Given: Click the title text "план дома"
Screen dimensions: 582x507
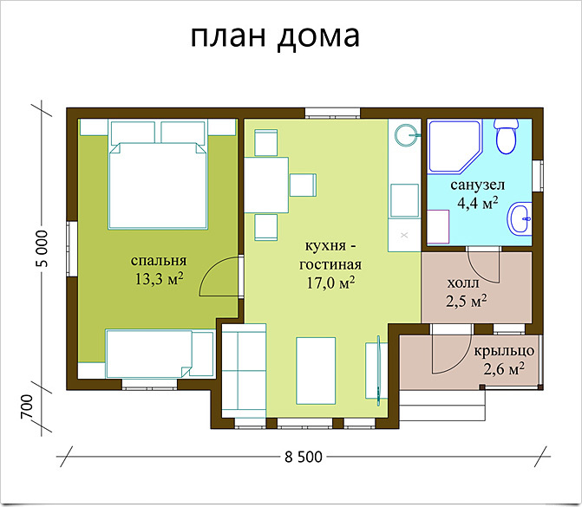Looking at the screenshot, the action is tap(275, 36).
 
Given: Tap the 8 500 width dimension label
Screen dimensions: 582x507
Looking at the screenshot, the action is tap(304, 457).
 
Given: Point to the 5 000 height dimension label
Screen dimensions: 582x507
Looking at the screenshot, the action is tap(43, 249).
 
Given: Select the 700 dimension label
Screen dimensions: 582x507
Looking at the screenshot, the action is tap(27, 406).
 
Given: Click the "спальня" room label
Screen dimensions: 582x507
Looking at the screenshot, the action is tap(159, 260).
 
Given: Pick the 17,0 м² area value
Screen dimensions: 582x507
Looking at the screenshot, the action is tap(330, 283).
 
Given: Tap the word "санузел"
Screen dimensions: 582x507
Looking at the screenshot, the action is tap(478, 185).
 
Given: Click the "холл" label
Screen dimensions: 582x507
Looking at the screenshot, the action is tap(463, 283).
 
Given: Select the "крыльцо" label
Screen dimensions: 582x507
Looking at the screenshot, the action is tap(504, 351).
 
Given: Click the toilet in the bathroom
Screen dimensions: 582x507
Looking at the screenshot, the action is tap(506, 136).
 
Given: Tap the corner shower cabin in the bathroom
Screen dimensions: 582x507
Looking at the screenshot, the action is tap(455, 146).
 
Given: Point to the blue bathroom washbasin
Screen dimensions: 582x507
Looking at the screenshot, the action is tap(520, 218).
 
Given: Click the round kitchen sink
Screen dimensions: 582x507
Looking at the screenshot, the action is tap(407, 135).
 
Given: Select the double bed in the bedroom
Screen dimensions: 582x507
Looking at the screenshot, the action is tap(158, 174).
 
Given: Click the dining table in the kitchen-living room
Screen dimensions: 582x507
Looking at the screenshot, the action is tap(266, 185).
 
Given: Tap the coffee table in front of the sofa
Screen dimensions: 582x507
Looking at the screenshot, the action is tap(316, 371).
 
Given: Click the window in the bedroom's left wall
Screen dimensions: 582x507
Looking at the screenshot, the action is tap(72, 249).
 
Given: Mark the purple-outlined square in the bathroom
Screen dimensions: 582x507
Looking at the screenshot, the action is tap(438, 226).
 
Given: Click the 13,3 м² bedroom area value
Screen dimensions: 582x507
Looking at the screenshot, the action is tap(159, 278).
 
